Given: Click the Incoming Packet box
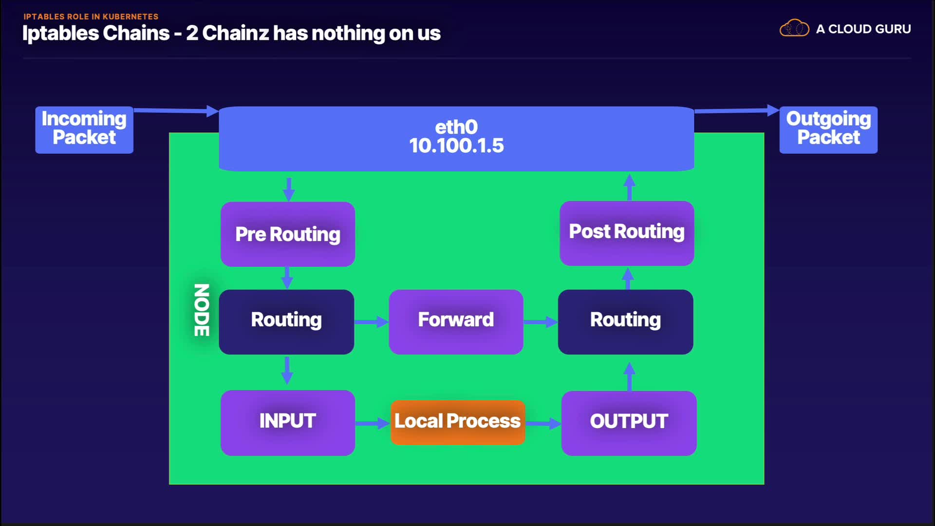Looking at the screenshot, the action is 84,130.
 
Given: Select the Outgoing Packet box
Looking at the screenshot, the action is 828,130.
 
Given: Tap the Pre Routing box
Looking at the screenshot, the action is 288,234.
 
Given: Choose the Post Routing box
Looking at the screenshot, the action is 627,233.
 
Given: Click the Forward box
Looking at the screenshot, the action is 456,322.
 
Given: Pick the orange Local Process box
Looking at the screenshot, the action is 458,422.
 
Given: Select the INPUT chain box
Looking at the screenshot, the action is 288,423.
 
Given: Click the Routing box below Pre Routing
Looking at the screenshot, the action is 286,322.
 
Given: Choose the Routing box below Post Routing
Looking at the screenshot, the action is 626,322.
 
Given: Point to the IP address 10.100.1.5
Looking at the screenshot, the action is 456,146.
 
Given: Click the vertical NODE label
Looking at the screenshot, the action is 202,310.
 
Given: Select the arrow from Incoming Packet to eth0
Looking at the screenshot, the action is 176,111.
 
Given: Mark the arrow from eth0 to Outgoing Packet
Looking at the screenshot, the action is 737,111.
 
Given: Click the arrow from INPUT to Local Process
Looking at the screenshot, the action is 373,423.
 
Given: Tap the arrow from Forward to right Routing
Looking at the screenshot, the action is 541,322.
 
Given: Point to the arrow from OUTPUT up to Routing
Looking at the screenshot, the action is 629,376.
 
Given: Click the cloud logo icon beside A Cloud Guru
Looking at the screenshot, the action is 794,28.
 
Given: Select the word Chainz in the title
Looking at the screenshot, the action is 236,33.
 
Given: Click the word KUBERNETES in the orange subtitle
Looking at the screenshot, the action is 131,17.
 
